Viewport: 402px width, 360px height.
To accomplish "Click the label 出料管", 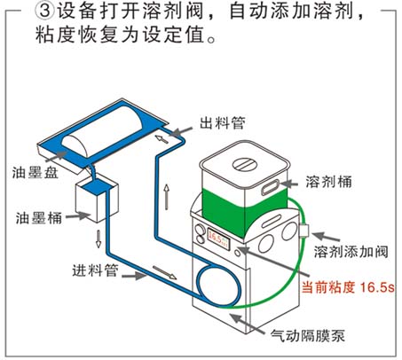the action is coord(223,123).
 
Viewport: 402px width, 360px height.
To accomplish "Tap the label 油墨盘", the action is coord(35,172).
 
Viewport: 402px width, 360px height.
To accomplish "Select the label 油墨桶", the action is coord(39,218).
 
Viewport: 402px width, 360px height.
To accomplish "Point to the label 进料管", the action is coord(95,270).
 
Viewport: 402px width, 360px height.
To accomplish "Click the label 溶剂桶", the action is coord(328,182).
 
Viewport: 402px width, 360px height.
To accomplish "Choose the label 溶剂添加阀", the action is coord(351,252).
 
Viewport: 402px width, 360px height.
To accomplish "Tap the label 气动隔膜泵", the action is coord(308,335).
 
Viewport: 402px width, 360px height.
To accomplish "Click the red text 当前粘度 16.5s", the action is coord(348,286).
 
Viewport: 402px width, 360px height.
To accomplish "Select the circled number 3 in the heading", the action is coord(44,12).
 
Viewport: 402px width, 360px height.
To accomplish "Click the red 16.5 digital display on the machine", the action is coord(218,238).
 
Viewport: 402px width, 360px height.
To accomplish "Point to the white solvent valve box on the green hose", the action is coord(304,231).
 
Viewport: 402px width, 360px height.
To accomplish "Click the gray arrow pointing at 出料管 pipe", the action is coord(181,131).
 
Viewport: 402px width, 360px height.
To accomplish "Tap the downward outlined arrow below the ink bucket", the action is coord(99,239).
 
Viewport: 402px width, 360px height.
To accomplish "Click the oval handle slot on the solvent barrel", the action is coord(270,188).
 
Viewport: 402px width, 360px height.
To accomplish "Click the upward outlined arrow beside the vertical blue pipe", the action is coord(167,197).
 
